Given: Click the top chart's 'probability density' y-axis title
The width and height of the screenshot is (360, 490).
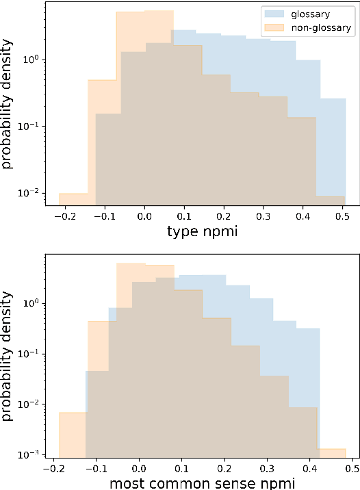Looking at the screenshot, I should point(8,103).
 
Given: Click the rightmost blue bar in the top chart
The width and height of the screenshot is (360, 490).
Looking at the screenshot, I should point(333,151).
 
